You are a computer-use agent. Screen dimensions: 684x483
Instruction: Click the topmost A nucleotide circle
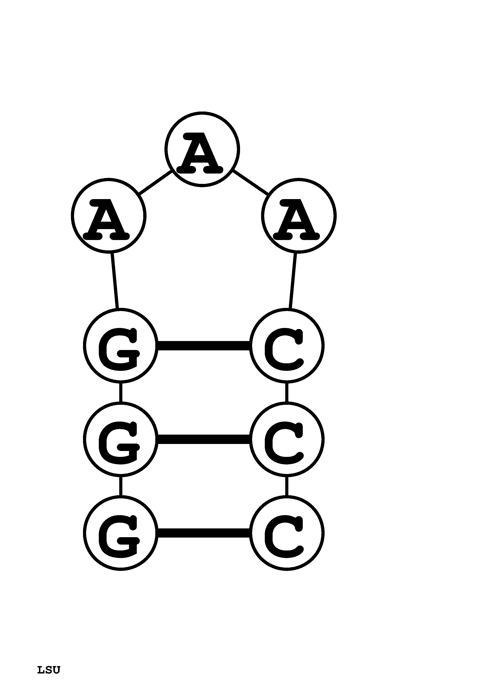[202, 150]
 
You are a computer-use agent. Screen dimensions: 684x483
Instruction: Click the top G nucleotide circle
[121, 346]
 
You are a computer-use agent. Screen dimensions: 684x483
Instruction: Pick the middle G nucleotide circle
[121, 439]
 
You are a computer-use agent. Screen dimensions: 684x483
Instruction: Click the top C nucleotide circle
[287, 346]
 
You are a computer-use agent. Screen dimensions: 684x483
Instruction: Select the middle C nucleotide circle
[287, 439]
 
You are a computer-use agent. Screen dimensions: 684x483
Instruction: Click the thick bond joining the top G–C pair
[204, 346]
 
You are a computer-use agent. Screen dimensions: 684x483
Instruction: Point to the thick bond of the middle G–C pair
[204, 439]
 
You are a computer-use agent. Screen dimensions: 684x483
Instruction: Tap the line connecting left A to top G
[115, 281]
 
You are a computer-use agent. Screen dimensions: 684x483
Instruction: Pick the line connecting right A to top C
[292, 281]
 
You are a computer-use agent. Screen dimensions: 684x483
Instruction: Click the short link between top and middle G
[121, 392]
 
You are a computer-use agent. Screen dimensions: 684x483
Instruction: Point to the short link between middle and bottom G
[121, 486]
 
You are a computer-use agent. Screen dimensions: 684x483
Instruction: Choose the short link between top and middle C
[287, 392]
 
